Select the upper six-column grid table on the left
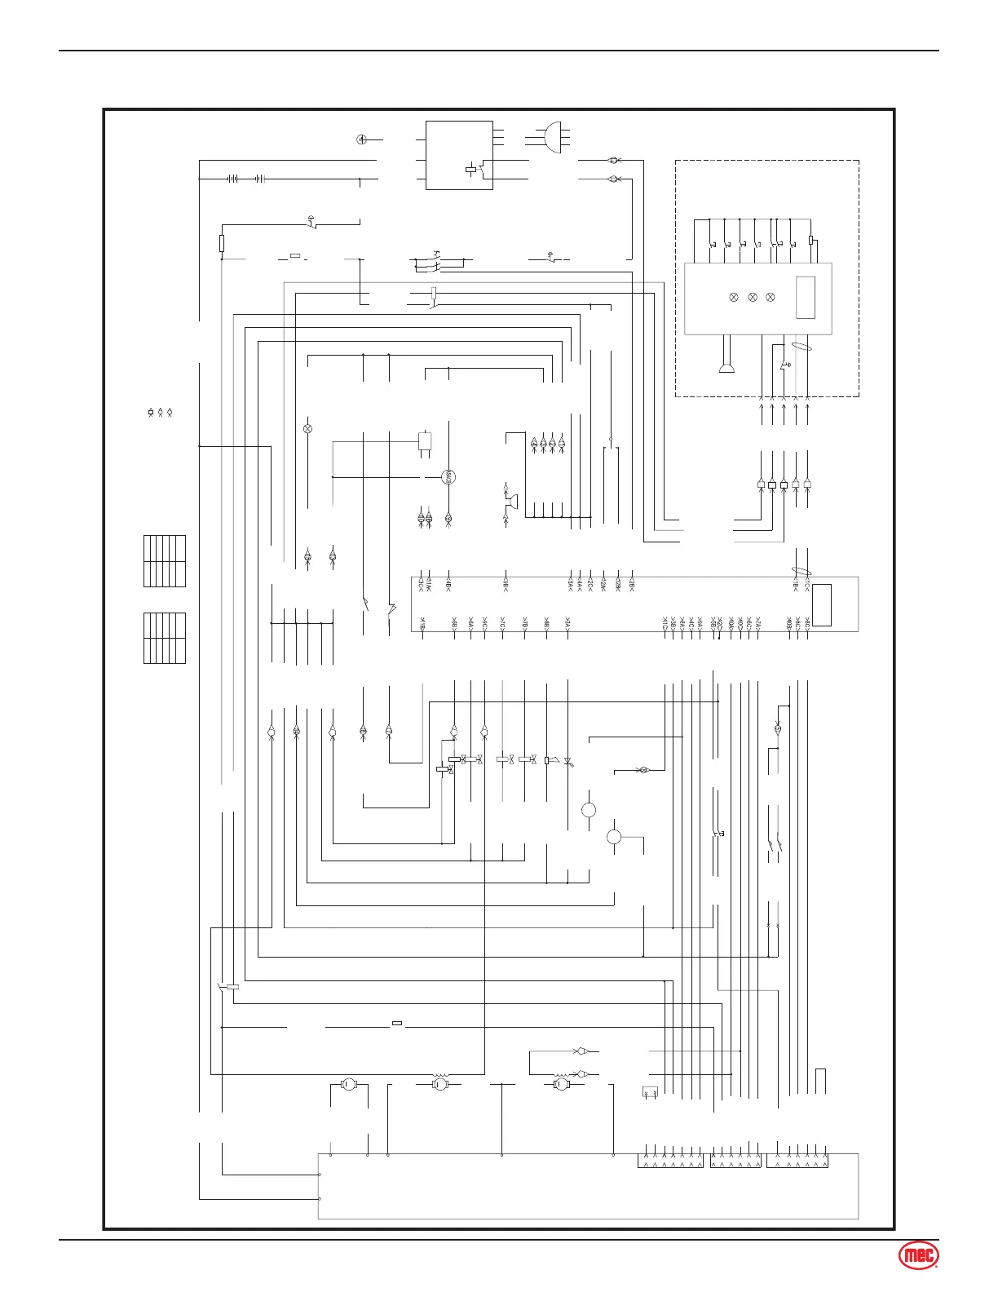point(165,561)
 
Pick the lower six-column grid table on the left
point(165,638)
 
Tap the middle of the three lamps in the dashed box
point(752,298)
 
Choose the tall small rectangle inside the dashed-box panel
point(805,298)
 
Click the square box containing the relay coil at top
point(459,155)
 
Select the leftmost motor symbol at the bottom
point(347,1084)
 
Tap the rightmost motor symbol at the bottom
point(561,1084)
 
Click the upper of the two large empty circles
point(589,810)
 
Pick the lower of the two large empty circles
point(615,837)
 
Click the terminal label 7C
point(503,625)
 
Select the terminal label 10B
point(789,625)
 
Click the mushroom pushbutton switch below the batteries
point(311,221)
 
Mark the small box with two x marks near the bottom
point(650,1091)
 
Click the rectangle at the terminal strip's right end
point(822,605)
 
